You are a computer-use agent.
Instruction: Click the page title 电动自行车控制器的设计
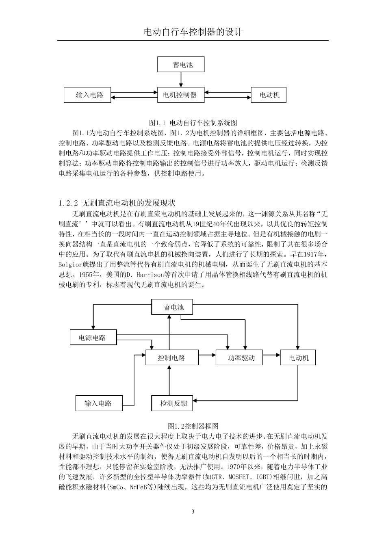pyautogui.click(x=193, y=32)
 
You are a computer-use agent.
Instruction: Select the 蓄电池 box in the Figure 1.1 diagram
pyautogui.click(x=181, y=65)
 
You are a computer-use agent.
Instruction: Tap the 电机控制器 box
pyautogui.click(x=180, y=95)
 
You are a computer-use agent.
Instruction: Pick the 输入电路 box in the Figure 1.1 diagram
pyautogui.click(x=90, y=95)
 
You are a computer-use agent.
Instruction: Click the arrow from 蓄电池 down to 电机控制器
pyautogui.click(x=181, y=79)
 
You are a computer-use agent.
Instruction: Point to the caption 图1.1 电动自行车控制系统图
pyautogui.click(x=193, y=122)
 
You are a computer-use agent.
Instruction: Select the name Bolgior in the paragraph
pyautogui.click(x=73, y=264)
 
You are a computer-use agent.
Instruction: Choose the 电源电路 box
pyautogui.click(x=93, y=337)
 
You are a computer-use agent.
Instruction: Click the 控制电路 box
pyautogui.click(x=171, y=357)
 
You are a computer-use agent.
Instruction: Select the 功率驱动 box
pyautogui.click(x=241, y=357)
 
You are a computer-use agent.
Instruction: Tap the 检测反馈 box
pyautogui.click(x=173, y=403)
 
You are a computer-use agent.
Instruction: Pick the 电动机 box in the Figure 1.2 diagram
pyautogui.click(x=298, y=357)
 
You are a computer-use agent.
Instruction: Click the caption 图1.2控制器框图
pyautogui.click(x=193, y=426)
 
